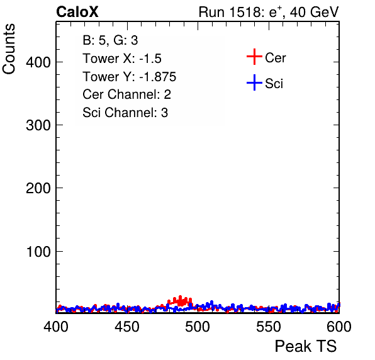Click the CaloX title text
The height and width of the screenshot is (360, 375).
77,12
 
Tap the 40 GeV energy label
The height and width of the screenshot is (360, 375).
314,12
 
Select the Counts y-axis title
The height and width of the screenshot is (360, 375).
9,49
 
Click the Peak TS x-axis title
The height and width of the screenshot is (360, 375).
306,346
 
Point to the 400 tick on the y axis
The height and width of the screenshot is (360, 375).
38,62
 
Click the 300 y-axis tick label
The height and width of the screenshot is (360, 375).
38,125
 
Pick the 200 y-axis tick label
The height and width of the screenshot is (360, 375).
38,188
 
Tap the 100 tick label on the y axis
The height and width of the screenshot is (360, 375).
38,251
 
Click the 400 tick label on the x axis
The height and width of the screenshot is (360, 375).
56,327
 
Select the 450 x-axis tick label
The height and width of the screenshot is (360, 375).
126,327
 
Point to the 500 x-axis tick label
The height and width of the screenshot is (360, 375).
198,327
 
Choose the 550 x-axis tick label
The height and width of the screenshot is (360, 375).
268,327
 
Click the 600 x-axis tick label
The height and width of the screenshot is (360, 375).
339,327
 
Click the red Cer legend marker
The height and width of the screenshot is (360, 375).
254,57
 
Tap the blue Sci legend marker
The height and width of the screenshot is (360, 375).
254,83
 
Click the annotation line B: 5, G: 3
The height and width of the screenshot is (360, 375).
110,40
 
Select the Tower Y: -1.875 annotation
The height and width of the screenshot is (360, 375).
130,77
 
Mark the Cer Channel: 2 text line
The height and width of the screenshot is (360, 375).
126,94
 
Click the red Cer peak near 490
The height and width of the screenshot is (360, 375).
181,301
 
